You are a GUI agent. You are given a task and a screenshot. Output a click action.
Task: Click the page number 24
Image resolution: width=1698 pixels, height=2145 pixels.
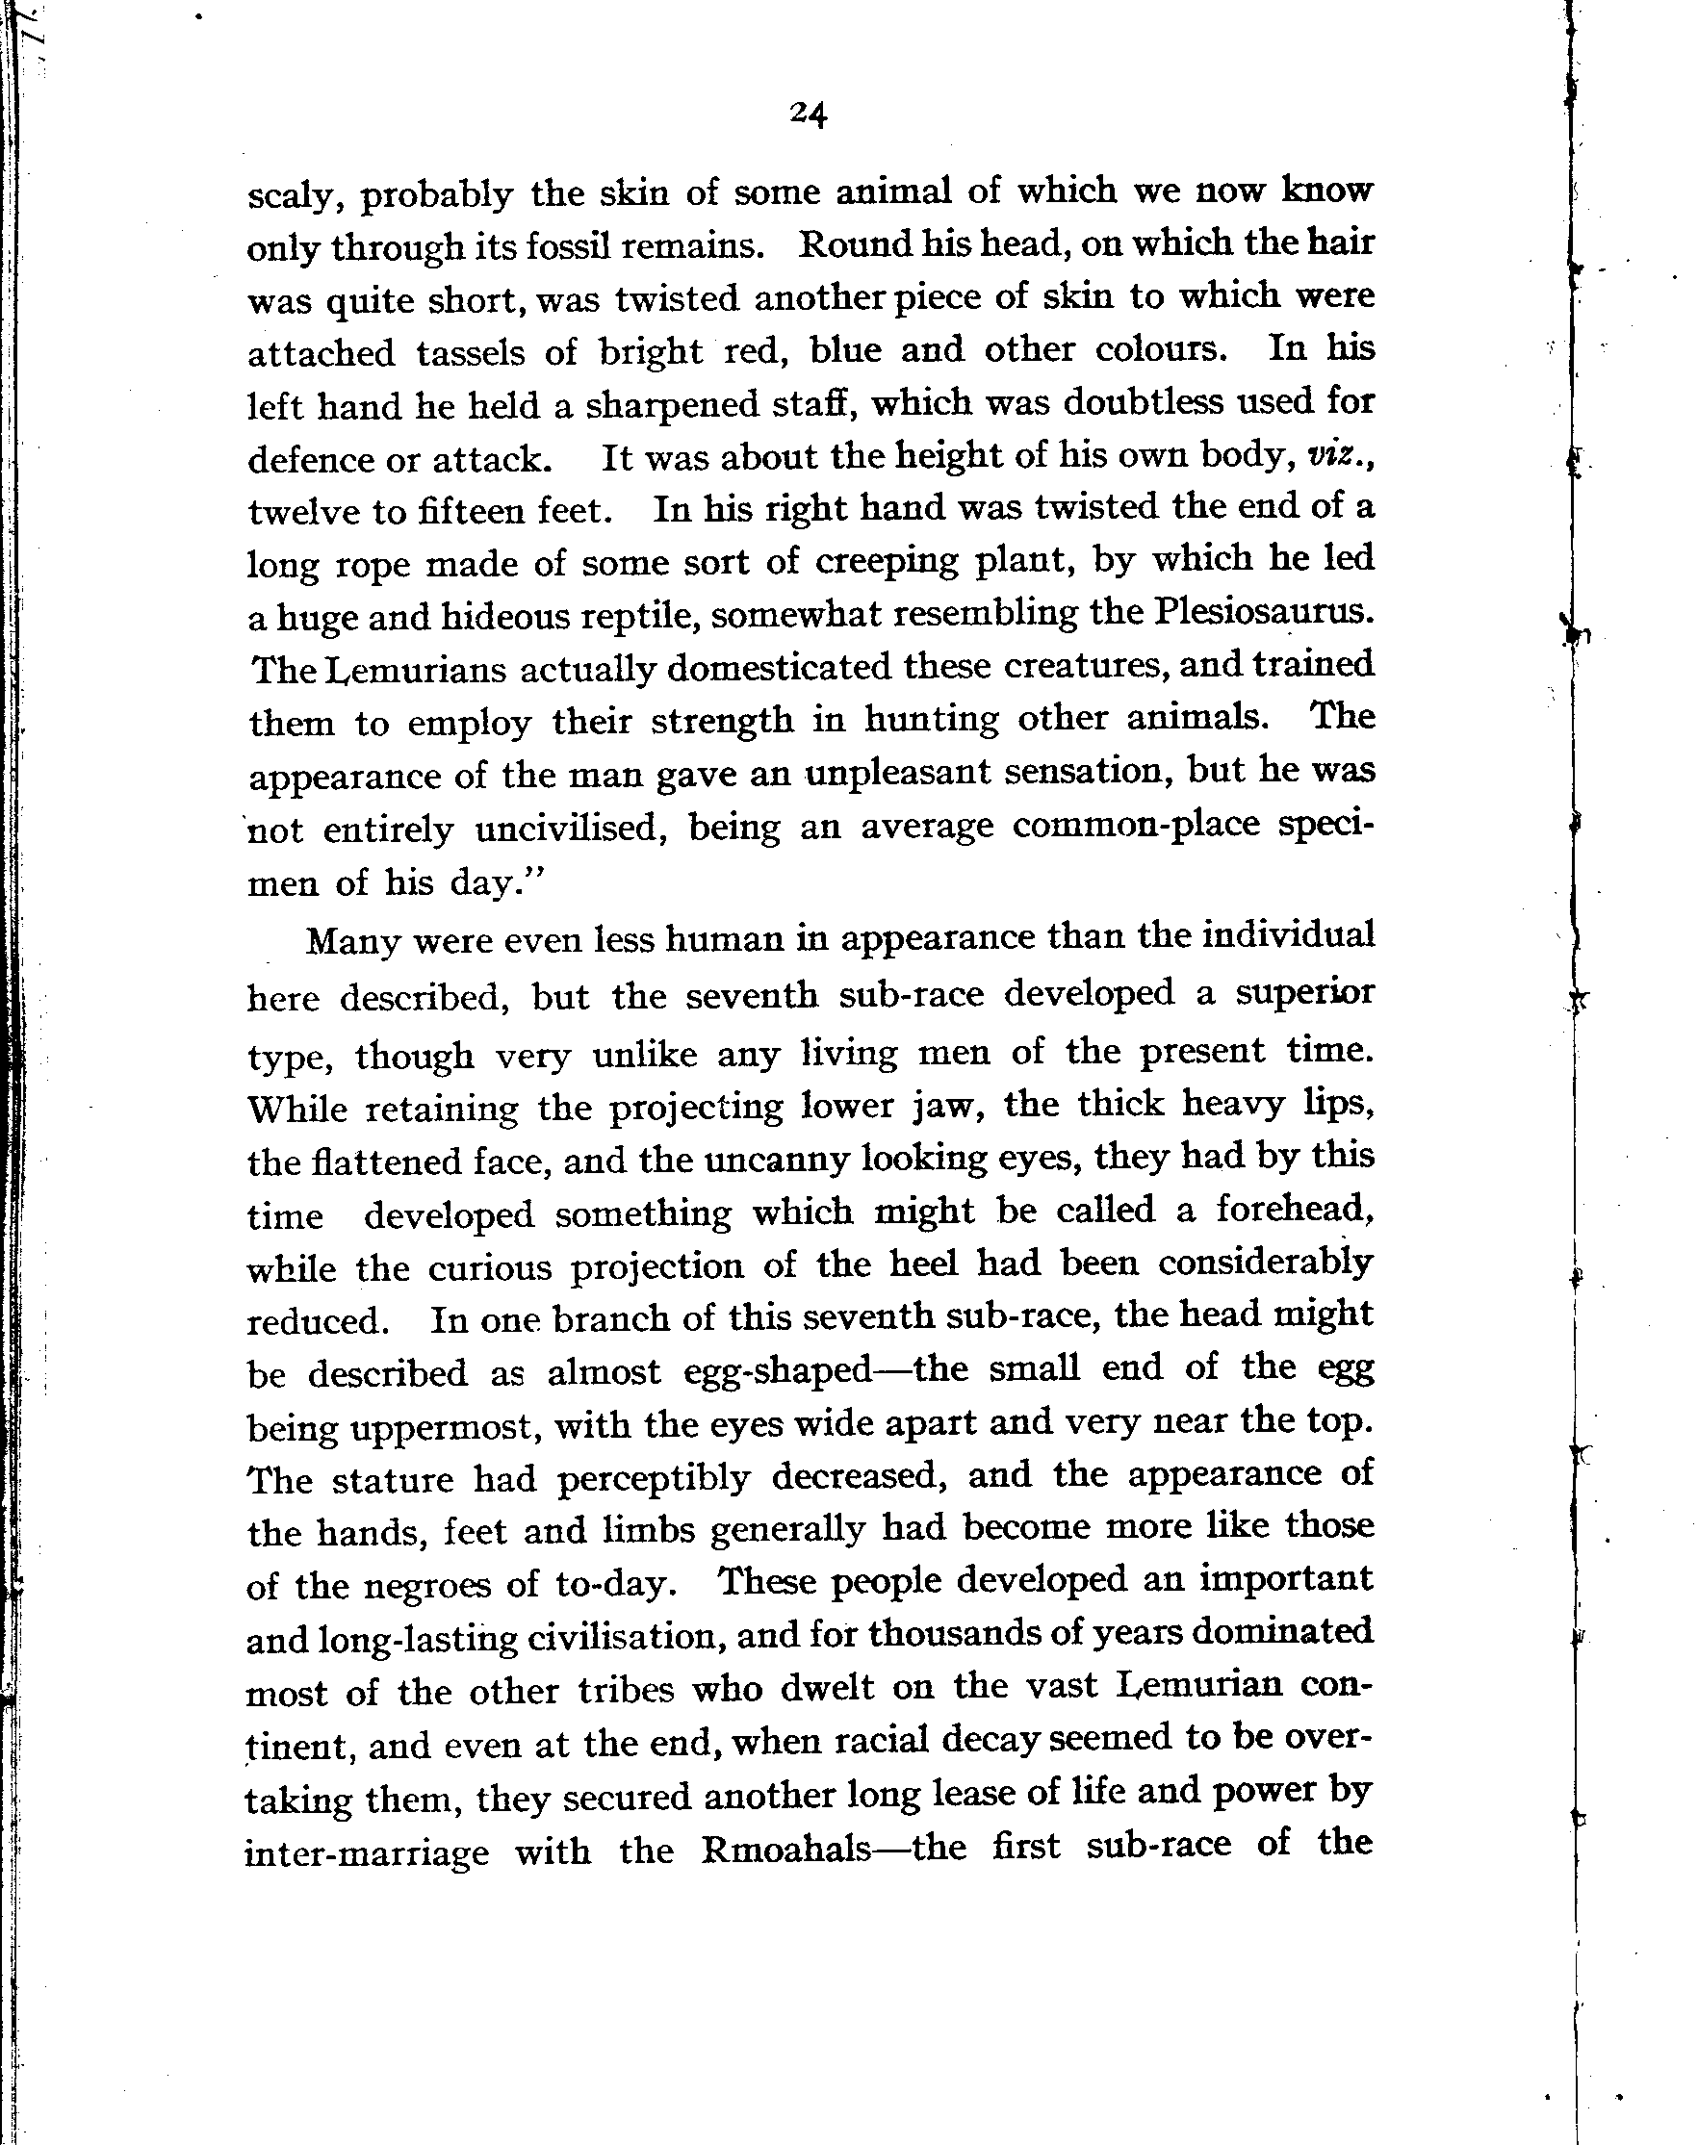click(809, 115)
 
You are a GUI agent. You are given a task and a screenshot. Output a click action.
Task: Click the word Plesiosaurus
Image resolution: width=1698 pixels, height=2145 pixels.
click(1264, 613)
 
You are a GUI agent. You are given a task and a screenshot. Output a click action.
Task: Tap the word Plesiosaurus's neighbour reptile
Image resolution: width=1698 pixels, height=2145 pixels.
click(620, 617)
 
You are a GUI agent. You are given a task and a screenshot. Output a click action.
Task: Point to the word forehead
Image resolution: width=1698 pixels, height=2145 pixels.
click(1295, 1210)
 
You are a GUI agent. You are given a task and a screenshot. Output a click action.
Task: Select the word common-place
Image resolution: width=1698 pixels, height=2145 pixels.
click(1136, 825)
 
